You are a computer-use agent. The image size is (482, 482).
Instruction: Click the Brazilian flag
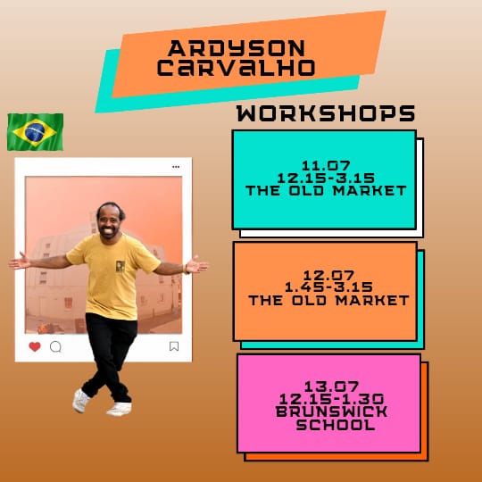point(35,132)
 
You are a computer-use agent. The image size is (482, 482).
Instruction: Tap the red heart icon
point(35,346)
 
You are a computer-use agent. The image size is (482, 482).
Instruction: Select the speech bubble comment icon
point(55,346)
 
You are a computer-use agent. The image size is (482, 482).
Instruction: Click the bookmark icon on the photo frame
point(174,346)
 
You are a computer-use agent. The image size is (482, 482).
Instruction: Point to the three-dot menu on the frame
point(176,167)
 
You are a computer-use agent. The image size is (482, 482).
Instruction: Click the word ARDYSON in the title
point(237,48)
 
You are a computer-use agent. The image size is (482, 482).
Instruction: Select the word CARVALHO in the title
point(236,67)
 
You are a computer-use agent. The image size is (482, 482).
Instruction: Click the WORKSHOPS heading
point(326,113)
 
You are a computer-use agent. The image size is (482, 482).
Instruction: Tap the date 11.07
point(326,166)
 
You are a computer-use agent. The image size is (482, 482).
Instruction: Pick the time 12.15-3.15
point(326,179)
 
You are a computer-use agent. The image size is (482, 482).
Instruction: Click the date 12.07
point(328,275)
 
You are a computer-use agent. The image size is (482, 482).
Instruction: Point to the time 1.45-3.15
point(328,287)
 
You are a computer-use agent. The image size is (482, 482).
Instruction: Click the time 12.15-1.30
point(331,399)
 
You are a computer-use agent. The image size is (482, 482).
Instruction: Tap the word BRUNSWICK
point(331,411)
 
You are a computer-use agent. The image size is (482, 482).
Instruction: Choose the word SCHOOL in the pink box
point(336,425)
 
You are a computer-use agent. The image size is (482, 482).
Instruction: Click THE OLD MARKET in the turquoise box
point(326,191)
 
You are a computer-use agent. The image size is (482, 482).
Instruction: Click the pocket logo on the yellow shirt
point(120,266)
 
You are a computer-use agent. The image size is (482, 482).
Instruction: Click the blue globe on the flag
point(35,132)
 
